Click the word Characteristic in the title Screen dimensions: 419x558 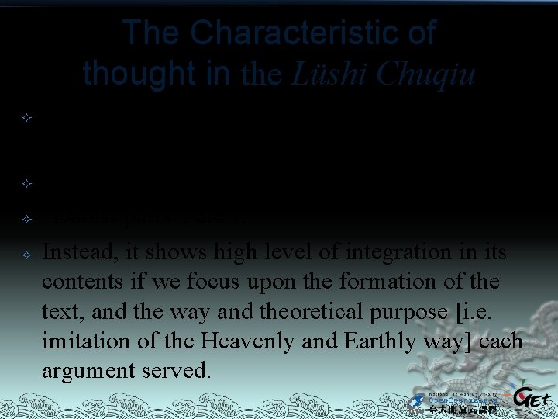pyautogui.click(x=313, y=34)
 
